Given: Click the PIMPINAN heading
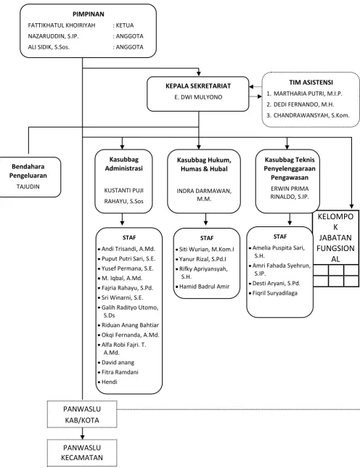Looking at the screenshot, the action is [x=89, y=14].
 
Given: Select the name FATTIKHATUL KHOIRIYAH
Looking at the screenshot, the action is [x=62, y=25].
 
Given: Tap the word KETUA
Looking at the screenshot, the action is [x=125, y=25].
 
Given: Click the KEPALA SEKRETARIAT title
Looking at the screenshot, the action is [x=198, y=86].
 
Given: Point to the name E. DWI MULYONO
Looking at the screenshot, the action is [x=198, y=97].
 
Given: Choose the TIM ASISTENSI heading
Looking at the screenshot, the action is [x=311, y=83].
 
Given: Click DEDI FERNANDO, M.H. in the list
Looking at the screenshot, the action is [x=304, y=104].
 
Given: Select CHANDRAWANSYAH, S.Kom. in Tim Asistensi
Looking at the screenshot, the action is [x=311, y=115].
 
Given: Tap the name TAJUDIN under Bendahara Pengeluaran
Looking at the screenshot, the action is [x=28, y=186].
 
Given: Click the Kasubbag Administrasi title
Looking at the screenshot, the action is [x=123, y=164].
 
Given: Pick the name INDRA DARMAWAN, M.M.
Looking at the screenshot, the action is [x=204, y=195].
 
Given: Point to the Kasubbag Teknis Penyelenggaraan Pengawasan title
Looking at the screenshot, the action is [x=290, y=168].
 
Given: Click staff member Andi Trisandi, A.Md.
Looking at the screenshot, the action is [x=128, y=249].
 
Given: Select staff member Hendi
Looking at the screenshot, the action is [x=110, y=382].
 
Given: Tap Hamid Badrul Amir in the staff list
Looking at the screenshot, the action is [x=204, y=287].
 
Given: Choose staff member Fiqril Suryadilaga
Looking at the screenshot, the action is [x=275, y=293].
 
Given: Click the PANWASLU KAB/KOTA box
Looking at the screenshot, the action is [x=82, y=414].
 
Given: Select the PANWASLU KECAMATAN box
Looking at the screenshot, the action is [x=82, y=453].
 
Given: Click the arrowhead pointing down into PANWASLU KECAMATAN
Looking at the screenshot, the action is [x=83, y=437].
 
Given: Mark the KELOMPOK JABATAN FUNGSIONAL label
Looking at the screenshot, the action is [x=335, y=237].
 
